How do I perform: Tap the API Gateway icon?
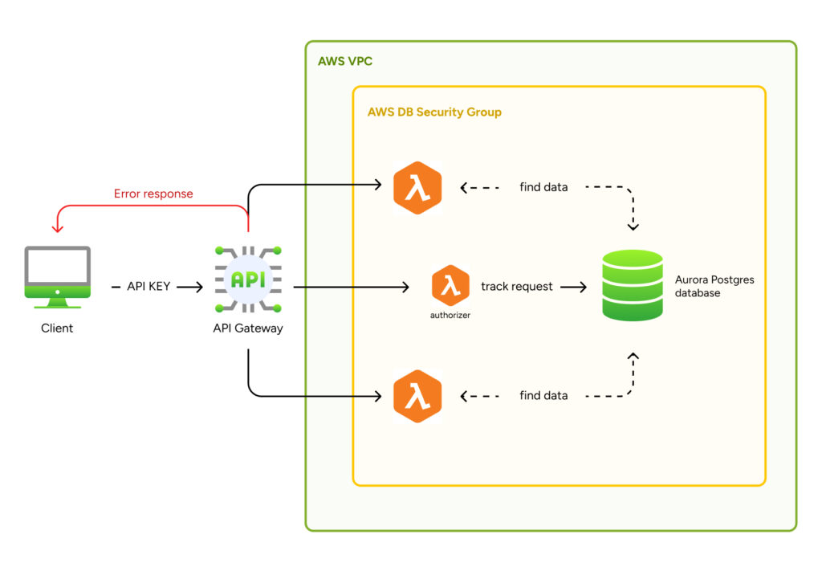coord(248,279)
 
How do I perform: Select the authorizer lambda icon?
coord(450,285)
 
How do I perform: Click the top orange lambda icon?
coord(417,188)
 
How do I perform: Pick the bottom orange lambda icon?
coord(417,396)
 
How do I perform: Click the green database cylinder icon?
coord(633,285)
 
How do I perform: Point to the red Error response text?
coord(153,194)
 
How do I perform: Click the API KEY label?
coord(149,286)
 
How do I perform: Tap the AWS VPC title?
coord(345,62)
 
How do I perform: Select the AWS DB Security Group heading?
coord(434,112)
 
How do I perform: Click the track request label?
coord(517,286)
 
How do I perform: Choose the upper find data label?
coord(543,187)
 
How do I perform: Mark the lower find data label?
coord(543,395)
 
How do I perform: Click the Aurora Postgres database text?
coord(714,287)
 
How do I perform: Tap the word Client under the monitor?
coord(57,328)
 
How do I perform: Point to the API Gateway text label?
coord(248,328)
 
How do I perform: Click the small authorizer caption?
coord(450,316)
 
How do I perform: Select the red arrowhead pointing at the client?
coord(57,227)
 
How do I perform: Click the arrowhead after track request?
coord(583,286)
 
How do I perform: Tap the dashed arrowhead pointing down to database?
coord(633,226)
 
